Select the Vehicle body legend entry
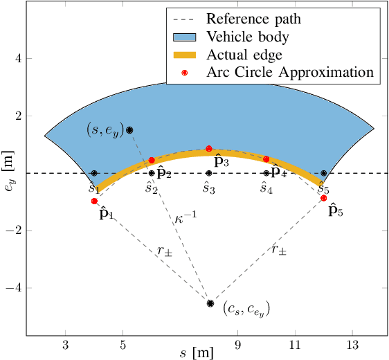pos(263,37)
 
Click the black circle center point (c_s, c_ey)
pos(210,303)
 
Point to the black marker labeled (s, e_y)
pos(129,130)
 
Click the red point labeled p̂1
pos(94,201)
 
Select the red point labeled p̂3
pos(209,149)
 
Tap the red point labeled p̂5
pos(323,198)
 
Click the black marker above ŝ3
pos(209,173)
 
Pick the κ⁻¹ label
pos(186,215)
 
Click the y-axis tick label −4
pos(16,287)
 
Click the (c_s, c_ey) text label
pos(246,309)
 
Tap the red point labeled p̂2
pos(152,160)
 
